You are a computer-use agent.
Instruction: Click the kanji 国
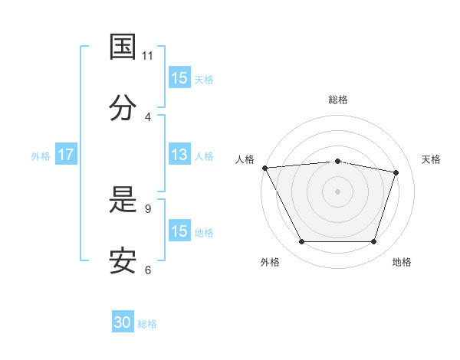(x=123, y=46)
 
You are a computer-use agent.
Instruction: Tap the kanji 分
(x=123, y=107)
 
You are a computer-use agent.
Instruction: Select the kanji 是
(x=123, y=199)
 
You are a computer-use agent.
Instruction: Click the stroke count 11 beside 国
(x=147, y=56)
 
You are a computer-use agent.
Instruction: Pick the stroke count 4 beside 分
(x=148, y=117)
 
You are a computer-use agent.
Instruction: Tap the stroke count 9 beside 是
(x=148, y=209)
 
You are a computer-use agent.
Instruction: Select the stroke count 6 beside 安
(x=148, y=270)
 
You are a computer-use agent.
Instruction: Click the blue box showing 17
(x=66, y=154)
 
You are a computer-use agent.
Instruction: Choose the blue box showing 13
(x=180, y=154)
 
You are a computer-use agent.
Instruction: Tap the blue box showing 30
(x=123, y=321)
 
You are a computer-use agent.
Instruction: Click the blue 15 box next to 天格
(x=180, y=77)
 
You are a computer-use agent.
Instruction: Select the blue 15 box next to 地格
(x=180, y=230)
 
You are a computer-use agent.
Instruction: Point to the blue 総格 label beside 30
(x=147, y=324)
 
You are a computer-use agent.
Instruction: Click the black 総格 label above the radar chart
(x=338, y=100)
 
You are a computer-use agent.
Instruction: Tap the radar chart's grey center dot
(x=337, y=191)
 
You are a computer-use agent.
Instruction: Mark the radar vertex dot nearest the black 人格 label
(x=265, y=168)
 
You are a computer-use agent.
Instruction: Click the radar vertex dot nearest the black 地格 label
(x=373, y=241)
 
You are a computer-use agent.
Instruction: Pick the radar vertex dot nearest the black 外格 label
(x=302, y=241)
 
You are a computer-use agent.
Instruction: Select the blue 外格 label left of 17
(x=41, y=156)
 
